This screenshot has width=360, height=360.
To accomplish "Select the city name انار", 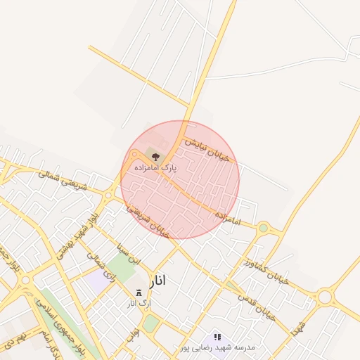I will pyautogui.click(x=159, y=281).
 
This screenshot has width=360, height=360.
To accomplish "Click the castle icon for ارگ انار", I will pyautogui.click(x=138, y=292).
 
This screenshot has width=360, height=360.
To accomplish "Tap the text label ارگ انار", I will pyautogui.click(x=139, y=304).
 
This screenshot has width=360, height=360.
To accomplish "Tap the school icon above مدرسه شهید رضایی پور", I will pyautogui.click(x=217, y=337).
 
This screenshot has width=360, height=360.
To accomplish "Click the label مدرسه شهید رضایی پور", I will pyautogui.click(x=217, y=347).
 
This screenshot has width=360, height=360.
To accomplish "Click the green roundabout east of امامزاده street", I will pyautogui.click(x=264, y=227).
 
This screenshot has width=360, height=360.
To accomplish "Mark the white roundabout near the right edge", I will pyautogui.click(x=324, y=297).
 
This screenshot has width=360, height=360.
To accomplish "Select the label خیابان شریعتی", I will pyautogui.click(x=148, y=219).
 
